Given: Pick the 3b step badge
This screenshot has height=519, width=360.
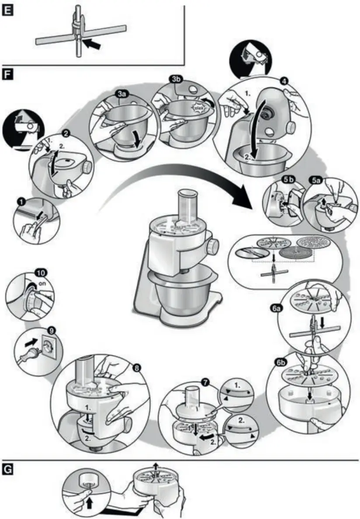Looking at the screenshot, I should pyautogui.click(x=176, y=79).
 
